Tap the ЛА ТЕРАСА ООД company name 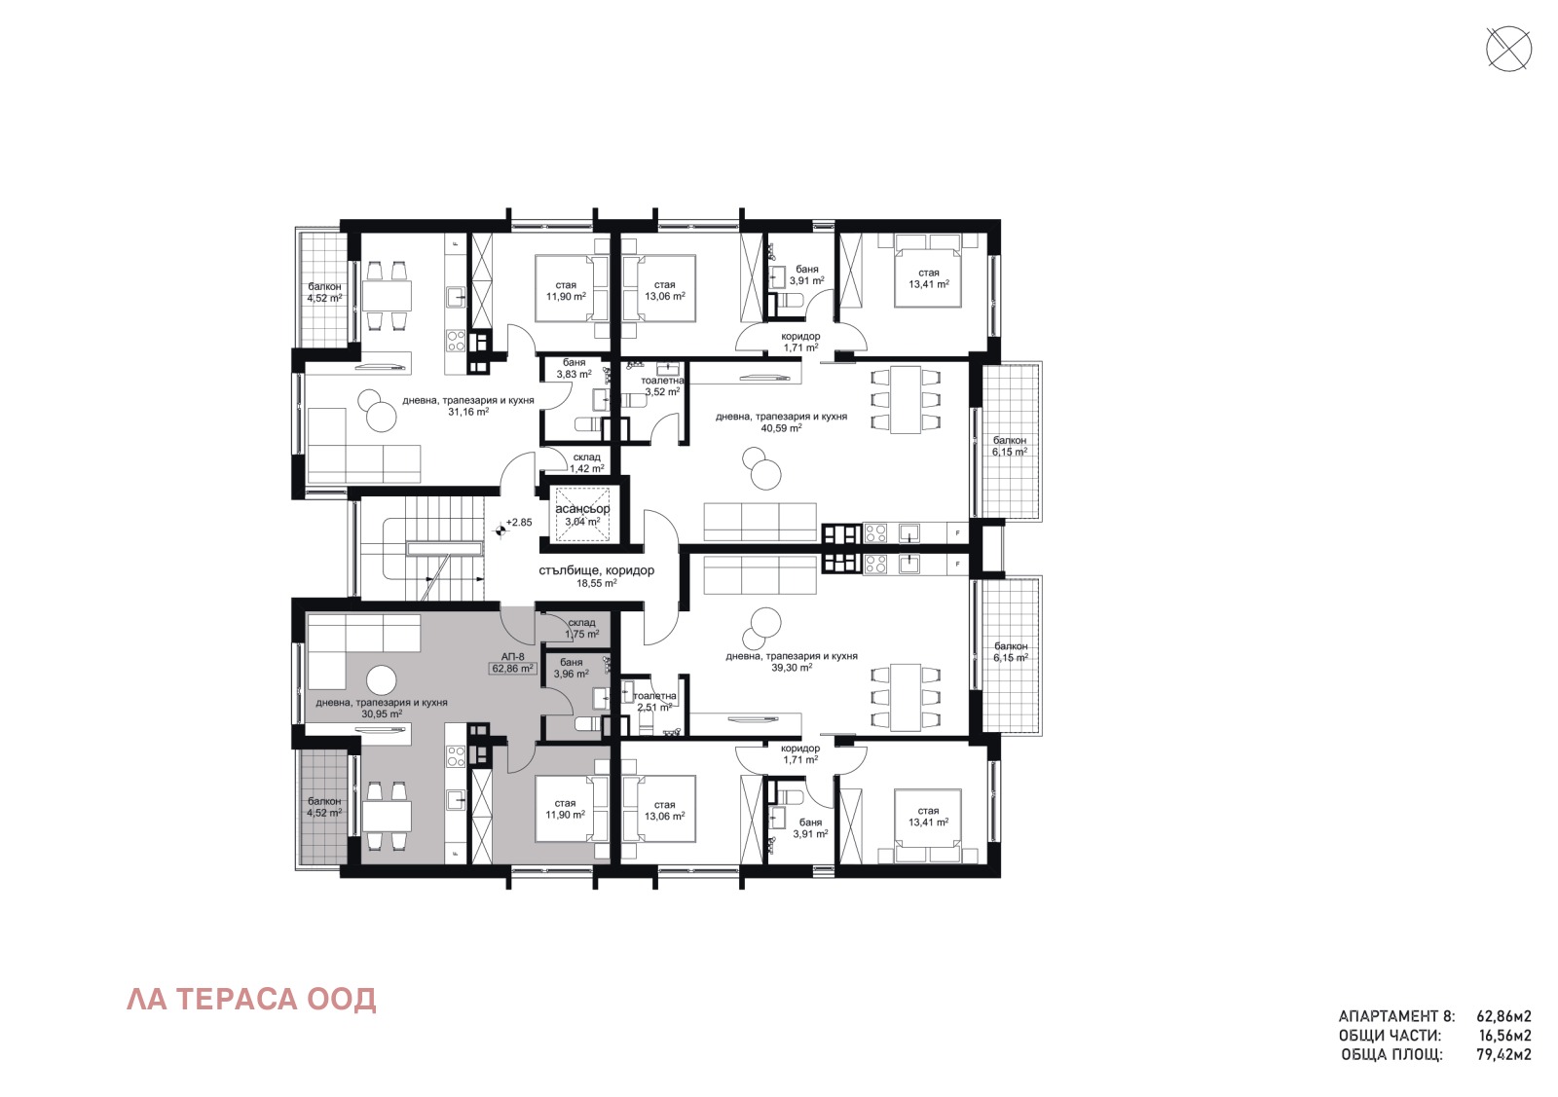251,1000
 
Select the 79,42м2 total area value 1503,1054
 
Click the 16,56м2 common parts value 1503,1036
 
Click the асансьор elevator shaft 581,514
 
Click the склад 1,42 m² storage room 586,462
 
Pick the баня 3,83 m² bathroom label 574,368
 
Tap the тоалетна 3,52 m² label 663,386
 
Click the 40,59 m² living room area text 781,427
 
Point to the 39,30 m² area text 791,668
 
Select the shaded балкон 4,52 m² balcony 324,807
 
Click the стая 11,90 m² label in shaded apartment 565,809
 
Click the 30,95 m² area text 382,713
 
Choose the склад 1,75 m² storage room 581,629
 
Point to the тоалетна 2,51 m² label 654,702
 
